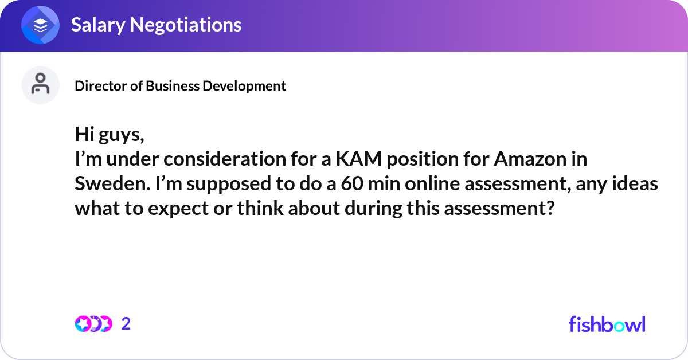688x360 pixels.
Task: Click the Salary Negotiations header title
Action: pyautogui.click(x=156, y=25)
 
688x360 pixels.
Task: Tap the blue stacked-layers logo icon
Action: pyautogui.click(x=40, y=25)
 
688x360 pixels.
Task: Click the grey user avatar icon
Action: pyautogui.click(x=40, y=85)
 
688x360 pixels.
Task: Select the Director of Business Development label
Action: pyautogui.click(x=180, y=86)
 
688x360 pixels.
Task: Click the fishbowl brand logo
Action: pyautogui.click(x=607, y=324)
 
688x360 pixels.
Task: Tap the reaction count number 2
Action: pyautogui.click(x=126, y=324)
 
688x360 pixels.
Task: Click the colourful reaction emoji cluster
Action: pyautogui.click(x=93, y=324)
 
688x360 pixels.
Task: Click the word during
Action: pyautogui.click(x=375, y=208)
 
